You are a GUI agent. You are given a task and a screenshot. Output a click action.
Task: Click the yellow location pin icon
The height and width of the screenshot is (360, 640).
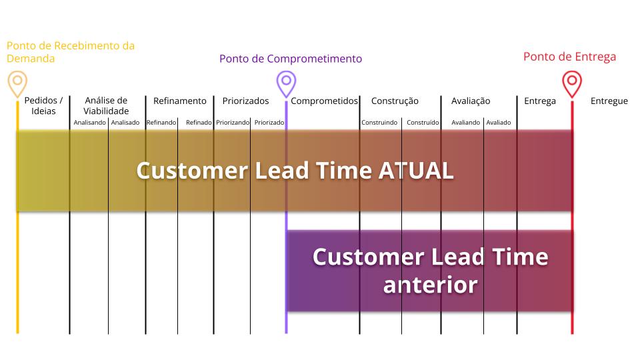[17, 83]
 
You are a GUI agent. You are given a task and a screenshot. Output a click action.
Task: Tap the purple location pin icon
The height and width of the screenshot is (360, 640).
[286, 83]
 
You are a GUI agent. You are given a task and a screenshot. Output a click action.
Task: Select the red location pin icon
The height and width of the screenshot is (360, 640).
[572, 83]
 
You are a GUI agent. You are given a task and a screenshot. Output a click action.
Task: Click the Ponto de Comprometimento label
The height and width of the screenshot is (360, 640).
[291, 59]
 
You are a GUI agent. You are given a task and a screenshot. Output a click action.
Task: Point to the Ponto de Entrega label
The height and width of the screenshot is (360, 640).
[569, 57]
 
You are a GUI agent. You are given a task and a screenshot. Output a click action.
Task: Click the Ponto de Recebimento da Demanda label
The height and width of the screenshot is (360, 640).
[71, 52]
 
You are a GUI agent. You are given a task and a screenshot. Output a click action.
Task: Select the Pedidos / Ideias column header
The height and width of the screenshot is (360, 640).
[43, 106]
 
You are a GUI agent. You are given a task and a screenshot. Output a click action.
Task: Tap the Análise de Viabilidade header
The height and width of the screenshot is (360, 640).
[106, 106]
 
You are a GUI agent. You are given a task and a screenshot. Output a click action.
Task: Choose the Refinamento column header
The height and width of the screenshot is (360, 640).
[180, 101]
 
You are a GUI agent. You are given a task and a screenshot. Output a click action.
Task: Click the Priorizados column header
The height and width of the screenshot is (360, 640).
[245, 101]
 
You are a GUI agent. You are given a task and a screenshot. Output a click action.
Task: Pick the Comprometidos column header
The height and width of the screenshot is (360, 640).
[324, 101]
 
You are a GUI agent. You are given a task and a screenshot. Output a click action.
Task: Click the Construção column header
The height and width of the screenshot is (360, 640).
[395, 101]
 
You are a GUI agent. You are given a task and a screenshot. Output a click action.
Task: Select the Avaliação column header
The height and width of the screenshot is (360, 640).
[471, 101]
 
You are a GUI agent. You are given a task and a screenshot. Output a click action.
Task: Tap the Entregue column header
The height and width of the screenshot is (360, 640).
[609, 101]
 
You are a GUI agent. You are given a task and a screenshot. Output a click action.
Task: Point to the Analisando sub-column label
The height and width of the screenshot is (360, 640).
[89, 123]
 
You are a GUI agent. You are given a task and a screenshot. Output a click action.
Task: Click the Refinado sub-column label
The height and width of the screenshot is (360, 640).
[199, 123]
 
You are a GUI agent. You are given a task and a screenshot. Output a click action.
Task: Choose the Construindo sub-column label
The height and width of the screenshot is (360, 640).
[379, 123]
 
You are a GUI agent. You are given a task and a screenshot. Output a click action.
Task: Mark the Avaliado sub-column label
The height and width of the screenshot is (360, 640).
[499, 123]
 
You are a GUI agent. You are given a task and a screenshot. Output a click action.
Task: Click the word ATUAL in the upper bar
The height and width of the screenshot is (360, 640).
[416, 171]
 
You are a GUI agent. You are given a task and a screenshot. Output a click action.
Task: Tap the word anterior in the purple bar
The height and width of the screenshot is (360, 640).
[430, 285]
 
